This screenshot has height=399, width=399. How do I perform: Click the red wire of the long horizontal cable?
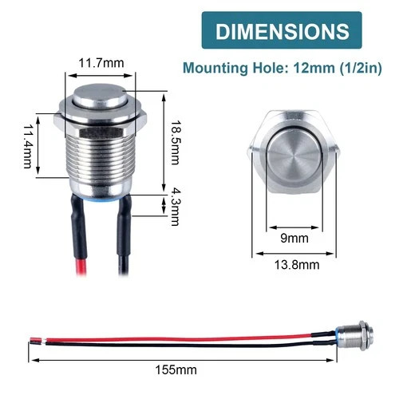[x=160, y=338]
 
